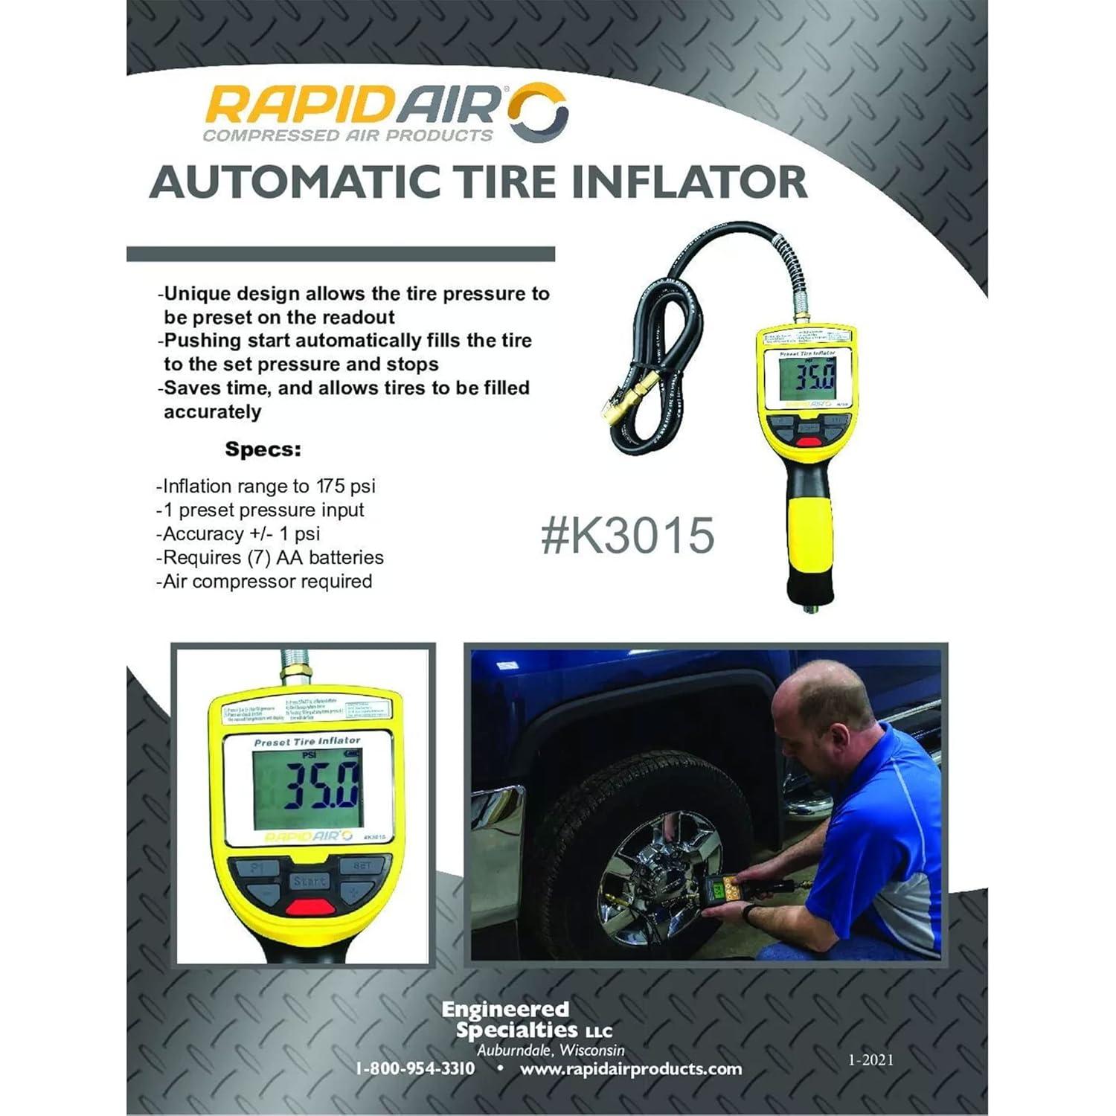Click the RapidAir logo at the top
point(385,112)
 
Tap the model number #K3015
point(627,536)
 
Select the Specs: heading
point(263,449)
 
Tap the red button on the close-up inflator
point(310,906)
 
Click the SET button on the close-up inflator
point(362,866)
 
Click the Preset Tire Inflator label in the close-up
point(307,742)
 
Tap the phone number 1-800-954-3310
point(415,1069)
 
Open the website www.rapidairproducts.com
point(631,1069)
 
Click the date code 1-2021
point(870,1059)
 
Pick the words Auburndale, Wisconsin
point(551,1050)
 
